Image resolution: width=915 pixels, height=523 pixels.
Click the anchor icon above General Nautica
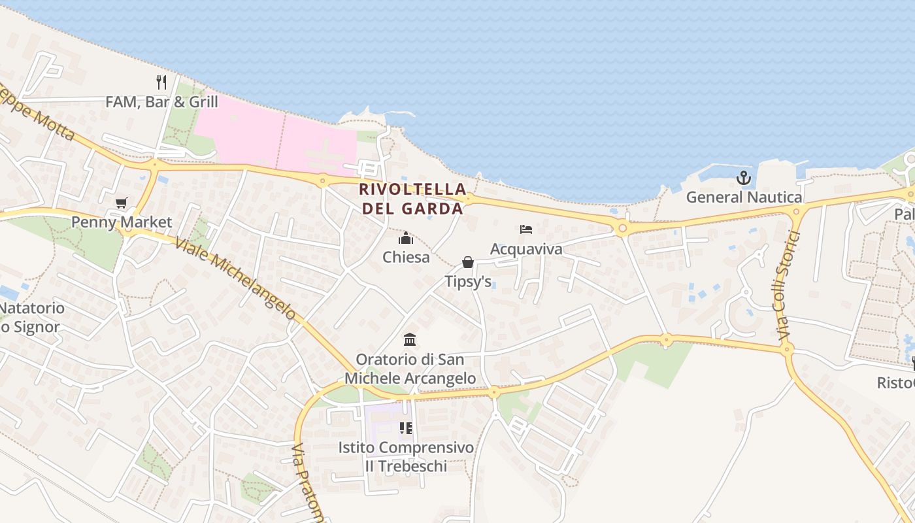click(x=744, y=178)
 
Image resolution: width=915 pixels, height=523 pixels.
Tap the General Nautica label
click(x=744, y=197)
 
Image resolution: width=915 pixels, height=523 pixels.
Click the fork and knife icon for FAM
click(x=161, y=82)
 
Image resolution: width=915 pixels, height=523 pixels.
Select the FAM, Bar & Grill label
click(x=161, y=102)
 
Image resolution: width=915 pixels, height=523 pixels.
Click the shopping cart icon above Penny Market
click(x=121, y=203)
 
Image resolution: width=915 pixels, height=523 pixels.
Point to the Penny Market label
click(x=122, y=222)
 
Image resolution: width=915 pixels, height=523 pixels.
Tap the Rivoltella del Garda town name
click(x=412, y=199)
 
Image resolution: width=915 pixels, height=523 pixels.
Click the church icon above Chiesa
click(x=406, y=238)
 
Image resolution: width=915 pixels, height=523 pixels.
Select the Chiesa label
click(x=406, y=257)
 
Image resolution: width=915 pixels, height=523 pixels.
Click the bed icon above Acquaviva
click(x=526, y=229)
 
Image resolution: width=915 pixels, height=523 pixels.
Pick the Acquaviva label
click(x=526, y=249)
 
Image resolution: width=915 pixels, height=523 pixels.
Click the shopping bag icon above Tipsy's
click(x=468, y=262)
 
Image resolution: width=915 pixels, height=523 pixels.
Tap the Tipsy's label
click(x=468, y=282)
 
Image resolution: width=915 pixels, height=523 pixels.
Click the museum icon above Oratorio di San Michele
click(x=410, y=339)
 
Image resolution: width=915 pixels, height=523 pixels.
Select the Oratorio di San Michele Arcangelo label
click(x=410, y=369)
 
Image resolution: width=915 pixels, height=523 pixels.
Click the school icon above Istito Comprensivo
click(x=406, y=428)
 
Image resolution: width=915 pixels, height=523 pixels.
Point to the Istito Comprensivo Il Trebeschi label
click(x=406, y=457)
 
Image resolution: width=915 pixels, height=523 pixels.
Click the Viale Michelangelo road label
click(x=245, y=278)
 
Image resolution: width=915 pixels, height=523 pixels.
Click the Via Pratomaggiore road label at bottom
click(x=308, y=484)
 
